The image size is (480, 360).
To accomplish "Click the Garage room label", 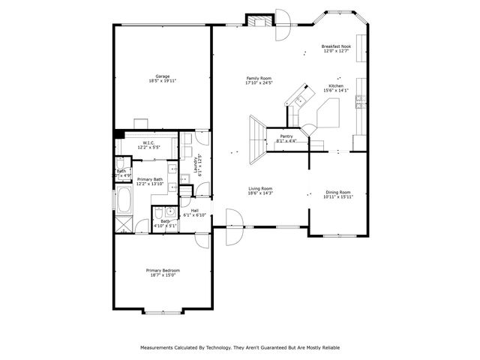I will (162, 76).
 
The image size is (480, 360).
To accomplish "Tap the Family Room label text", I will (258, 78).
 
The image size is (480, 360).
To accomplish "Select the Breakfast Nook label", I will (335, 46).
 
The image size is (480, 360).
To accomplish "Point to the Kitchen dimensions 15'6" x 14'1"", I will (336, 91).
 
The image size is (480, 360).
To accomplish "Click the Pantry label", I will (286, 136).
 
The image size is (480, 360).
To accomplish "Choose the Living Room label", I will (261, 188).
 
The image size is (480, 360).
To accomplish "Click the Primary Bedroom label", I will (163, 270).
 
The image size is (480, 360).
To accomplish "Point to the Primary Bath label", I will (149, 179).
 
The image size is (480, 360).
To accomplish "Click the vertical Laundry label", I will (196, 165).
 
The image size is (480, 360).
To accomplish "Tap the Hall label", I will (195, 211).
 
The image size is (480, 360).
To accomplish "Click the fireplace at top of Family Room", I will (260, 20).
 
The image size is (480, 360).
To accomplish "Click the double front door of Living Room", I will (233, 225).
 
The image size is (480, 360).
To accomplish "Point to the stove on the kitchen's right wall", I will (361, 97).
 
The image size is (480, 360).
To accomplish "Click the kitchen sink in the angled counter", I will (302, 99).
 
